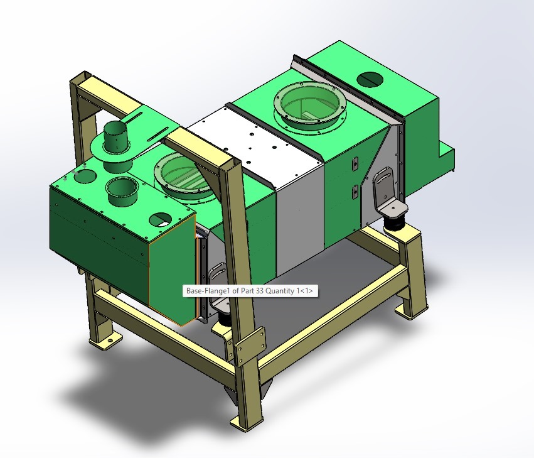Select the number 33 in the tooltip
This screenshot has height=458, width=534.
pyautogui.click(x=257, y=292)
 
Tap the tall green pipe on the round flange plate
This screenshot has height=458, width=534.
pyautogui.click(x=115, y=138)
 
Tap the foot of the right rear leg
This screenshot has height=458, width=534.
pyautogui.click(x=406, y=311)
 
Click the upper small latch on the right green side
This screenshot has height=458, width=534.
pyautogui.click(x=355, y=163)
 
